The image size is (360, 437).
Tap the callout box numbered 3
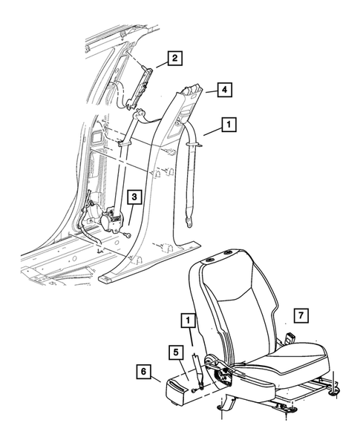[133, 197]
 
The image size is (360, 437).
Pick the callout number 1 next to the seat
[189, 321]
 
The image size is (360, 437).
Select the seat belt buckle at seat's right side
[289, 339]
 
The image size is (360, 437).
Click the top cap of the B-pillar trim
[189, 91]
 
